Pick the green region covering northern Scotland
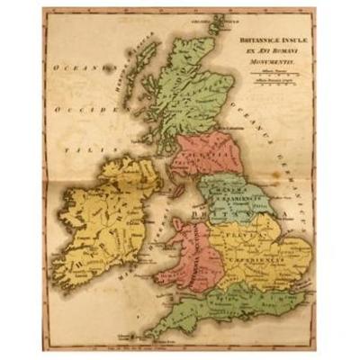click(x=193, y=90)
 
